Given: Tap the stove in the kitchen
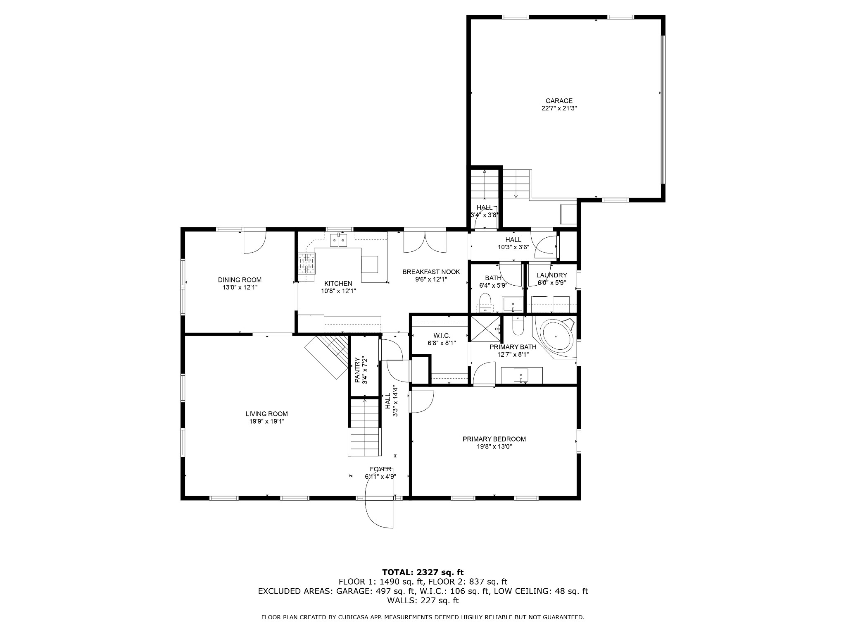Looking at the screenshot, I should [x=307, y=263].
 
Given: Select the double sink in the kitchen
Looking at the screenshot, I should [x=338, y=240].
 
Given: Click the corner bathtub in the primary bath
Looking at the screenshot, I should [x=558, y=337].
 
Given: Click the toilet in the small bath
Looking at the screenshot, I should [x=485, y=303].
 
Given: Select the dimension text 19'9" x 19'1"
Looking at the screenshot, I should [x=266, y=421].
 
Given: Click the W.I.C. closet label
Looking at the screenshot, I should [x=442, y=335].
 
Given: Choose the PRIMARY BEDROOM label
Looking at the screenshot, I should [x=494, y=439].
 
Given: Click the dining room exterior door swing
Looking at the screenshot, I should [x=254, y=241].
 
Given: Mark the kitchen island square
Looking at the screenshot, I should [x=369, y=264].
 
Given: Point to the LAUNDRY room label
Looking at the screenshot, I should [x=551, y=275].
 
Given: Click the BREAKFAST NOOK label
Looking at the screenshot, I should [x=431, y=272].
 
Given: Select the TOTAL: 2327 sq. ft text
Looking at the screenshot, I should [x=423, y=572].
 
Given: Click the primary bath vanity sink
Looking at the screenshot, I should [x=521, y=375].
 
